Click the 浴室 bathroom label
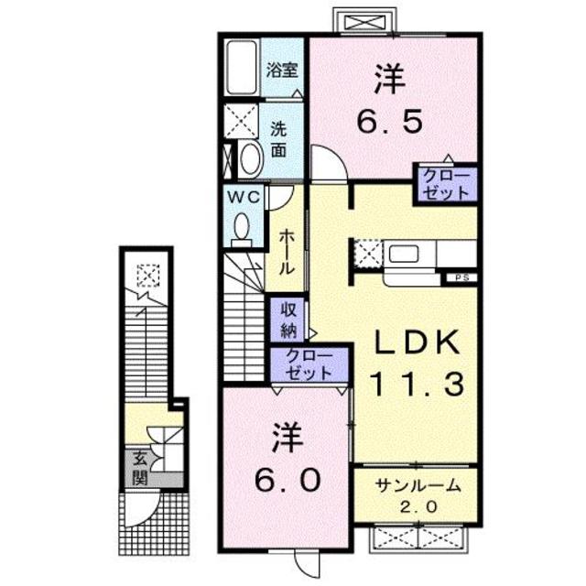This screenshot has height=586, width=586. pyautogui.click(x=280, y=69)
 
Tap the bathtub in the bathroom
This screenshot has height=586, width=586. pyautogui.click(x=243, y=68)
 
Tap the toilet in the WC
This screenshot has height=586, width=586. pyautogui.click(x=243, y=228)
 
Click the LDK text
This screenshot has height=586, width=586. pyautogui.click(x=414, y=342)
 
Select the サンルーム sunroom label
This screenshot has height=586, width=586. pyautogui.click(x=415, y=486)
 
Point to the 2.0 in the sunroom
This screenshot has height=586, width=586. pyautogui.click(x=415, y=507)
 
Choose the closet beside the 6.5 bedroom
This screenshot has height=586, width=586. pyautogui.click(x=446, y=183)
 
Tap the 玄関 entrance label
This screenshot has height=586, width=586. pyautogui.click(x=139, y=467)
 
